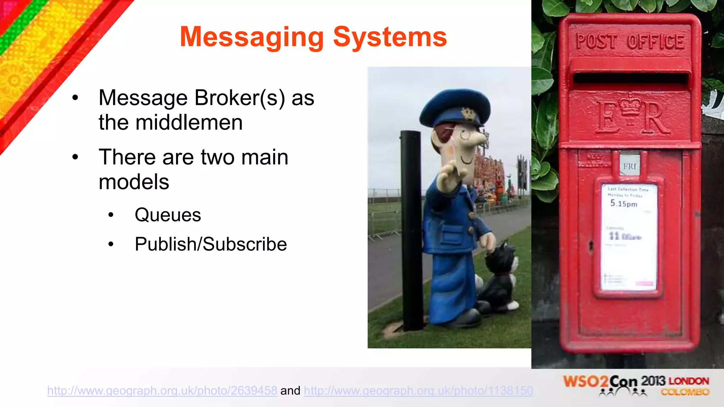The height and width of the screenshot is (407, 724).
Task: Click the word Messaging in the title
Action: tap(252, 37)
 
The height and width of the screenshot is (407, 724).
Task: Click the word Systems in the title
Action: tap(390, 37)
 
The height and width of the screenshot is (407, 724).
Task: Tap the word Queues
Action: tap(168, 215)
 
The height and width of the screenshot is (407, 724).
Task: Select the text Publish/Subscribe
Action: tap(211, 244)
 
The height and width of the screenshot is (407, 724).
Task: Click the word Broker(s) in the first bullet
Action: tap(240, 98)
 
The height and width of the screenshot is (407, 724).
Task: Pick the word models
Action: tap(134, 182)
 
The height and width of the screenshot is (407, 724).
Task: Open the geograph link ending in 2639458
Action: tap(162, 390)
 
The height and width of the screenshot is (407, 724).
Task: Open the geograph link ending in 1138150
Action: tap(418, 390)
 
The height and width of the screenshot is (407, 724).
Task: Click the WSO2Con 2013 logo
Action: tap(636, 385)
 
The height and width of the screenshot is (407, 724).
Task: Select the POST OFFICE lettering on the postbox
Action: tap(630, 41)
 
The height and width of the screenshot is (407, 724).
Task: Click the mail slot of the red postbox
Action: tap(630, 78)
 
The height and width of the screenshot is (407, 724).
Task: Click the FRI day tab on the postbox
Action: tap(630, 166)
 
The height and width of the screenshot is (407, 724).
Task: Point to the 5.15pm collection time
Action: tap(624, 203)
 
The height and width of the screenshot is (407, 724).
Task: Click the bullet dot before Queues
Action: tap(111, 215)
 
